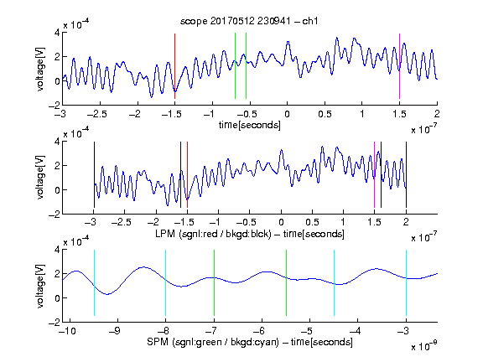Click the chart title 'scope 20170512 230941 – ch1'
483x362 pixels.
pos(249,21)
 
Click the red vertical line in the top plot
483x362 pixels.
pos(174,66)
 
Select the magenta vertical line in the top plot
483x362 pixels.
pos(399,66)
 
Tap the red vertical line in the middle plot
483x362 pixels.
pos(187,175)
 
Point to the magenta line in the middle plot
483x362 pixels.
pos(374,175)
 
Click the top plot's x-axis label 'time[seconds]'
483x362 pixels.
pos(250,125)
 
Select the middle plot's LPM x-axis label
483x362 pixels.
pos(250,234)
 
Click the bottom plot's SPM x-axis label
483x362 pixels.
pos(250,342)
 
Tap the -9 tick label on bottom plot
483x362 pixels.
pos(116,331)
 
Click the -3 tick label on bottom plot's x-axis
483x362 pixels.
pos(404,331)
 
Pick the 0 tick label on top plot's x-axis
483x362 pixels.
pos(287,114)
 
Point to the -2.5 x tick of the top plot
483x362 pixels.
pos(97,114)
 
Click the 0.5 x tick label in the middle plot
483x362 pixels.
pos(312,222)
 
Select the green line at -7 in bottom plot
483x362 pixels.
pos(214,283)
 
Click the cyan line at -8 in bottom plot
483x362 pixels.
pos(166,283)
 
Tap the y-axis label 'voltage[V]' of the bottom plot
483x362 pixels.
pos(40,286)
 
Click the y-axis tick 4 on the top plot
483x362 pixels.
pos(57,33)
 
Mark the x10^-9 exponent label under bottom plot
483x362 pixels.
pos(424,346)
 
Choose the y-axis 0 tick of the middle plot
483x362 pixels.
pos(57,190)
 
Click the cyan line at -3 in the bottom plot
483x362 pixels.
pos(407,283)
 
